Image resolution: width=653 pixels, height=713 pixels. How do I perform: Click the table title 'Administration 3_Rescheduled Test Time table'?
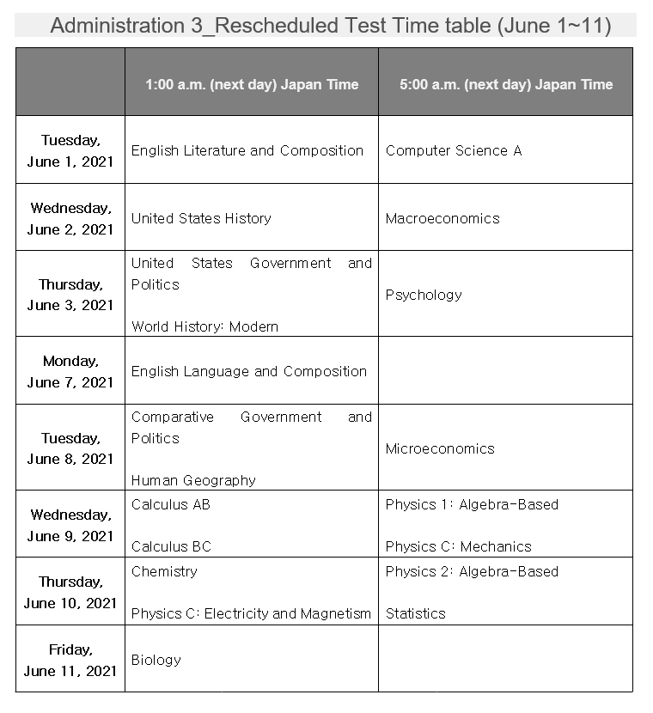point(330,26)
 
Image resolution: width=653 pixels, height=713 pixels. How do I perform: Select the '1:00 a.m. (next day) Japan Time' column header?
point(252,84)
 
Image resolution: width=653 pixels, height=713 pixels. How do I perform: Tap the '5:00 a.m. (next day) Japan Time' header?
point(506,84)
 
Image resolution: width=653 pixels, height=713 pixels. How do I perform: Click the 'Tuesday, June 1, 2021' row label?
point(70,150)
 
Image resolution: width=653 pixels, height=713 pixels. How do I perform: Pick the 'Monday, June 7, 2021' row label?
point(70,371)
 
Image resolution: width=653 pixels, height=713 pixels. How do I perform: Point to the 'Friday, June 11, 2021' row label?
point(70,660)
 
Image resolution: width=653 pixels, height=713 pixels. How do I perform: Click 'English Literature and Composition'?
point(247,150)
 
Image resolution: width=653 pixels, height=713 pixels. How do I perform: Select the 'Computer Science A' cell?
point(454,150)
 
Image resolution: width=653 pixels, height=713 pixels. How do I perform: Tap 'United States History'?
point(201,218)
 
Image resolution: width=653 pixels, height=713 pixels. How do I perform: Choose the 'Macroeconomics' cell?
point(442,218)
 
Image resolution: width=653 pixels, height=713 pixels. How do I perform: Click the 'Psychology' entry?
point(424,295)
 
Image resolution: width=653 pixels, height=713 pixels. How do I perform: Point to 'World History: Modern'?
point(204,326)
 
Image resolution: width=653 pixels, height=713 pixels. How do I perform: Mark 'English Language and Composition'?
point(249,371)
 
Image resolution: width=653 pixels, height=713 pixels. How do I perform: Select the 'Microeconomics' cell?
point(440,448)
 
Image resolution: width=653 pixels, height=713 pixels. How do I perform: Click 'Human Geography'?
point(193,480)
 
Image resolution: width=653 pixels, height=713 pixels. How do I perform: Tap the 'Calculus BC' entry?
point(171,546)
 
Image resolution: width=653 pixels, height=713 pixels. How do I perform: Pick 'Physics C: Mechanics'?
point(459,546)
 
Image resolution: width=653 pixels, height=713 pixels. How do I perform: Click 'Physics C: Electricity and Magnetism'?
point(251,613)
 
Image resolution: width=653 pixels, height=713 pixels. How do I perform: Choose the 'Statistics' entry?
point(416,613)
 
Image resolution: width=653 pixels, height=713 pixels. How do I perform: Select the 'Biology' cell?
point(156,660)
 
